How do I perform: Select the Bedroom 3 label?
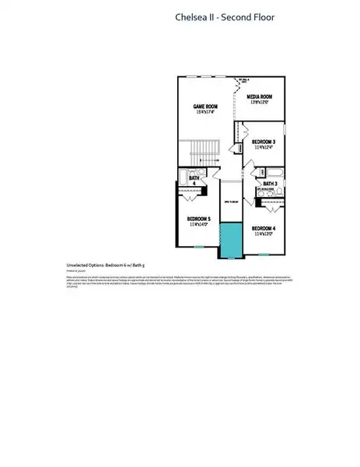click(x=264, y=141)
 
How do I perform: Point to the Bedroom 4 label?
click(x=264, y=226)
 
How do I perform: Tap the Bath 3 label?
click(x=270, y=184)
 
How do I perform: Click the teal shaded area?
click(x=230, y=240)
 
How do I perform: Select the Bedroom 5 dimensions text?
click(x=199, y=224)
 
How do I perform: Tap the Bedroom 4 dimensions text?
click(x=264, y=233)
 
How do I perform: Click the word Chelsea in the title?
click(x=195, y=16)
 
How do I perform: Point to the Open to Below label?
click(x=231, y=199)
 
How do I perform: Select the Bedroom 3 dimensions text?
click(x=264, y=147)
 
